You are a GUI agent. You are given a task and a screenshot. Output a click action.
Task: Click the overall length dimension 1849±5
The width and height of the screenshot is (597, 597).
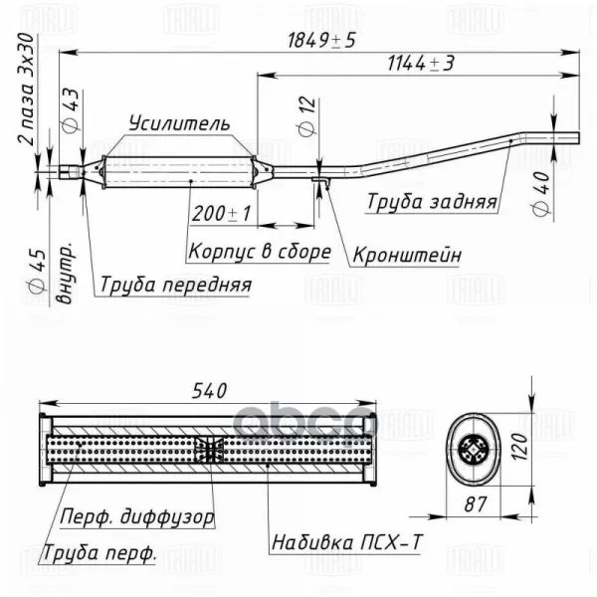pyautogui.click(x=321, y=40)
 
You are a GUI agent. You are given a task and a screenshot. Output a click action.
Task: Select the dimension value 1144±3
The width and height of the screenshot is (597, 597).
pyautogui.click(x=421, y=64)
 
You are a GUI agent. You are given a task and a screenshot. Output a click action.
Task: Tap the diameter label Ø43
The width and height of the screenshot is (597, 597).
pyautogui.click(x=71, y=110)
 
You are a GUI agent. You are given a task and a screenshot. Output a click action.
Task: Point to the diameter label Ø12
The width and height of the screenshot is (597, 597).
pyautogui.click(x=307, y=116)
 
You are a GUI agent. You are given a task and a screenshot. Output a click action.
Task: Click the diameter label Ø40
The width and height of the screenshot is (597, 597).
pyautogui.click(x=540, y=194)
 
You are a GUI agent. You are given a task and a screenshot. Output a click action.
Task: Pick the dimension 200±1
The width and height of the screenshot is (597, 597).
pyautogui.click(x=221, y=214)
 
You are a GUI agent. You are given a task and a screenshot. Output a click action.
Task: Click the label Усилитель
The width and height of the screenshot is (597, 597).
pyautogui.click(x=179, y=123)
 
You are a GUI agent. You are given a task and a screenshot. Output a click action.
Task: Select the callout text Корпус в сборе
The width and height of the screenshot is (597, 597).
pyautogui.click(x=260, y=252)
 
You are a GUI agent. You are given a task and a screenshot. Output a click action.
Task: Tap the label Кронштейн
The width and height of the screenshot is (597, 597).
pyautogui.click(x=407, y=255)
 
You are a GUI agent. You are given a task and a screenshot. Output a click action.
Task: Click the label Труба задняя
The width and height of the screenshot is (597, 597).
pyautogui.click(x=432, y=201)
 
